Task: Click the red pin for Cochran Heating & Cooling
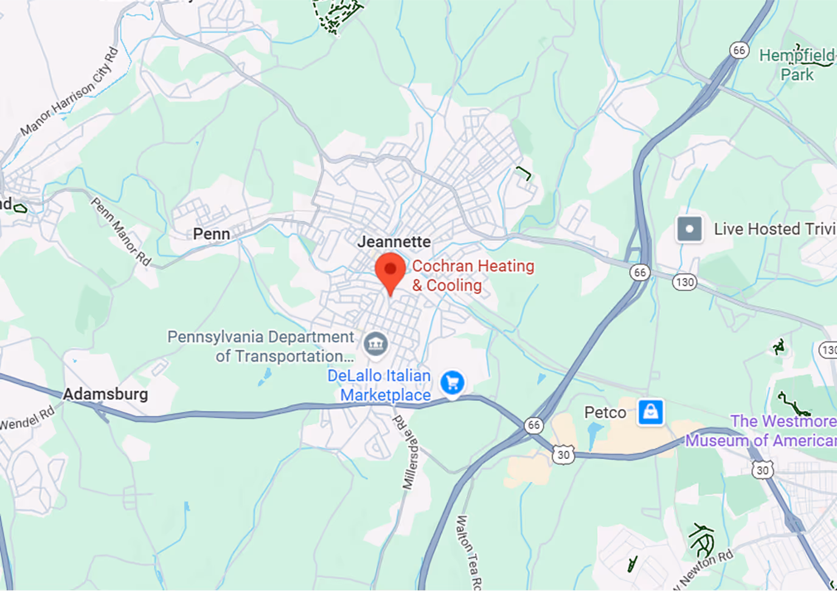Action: pos(390,271)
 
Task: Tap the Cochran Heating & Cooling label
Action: pos(473,276)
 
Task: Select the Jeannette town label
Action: pos(394,242)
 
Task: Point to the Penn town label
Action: pos(211,234)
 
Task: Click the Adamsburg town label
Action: pos(105,394)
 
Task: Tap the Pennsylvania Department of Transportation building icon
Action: pos(375,344)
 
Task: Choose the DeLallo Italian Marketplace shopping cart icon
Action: pos(452,383)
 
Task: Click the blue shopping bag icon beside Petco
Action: pos(650,412)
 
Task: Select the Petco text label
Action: pos(605,413)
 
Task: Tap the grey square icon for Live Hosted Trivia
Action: pos(689,229)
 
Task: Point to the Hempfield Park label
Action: pos(797,65)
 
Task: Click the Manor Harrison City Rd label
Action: pos(69,93)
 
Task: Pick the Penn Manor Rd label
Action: pos(120,231)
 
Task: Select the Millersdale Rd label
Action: pos(405,452)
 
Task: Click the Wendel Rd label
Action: pos(27,418)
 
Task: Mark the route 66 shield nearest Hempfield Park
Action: pos(739,50)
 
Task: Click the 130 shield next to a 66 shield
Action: pos(684,282)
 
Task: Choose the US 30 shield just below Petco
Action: pos(564,455)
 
